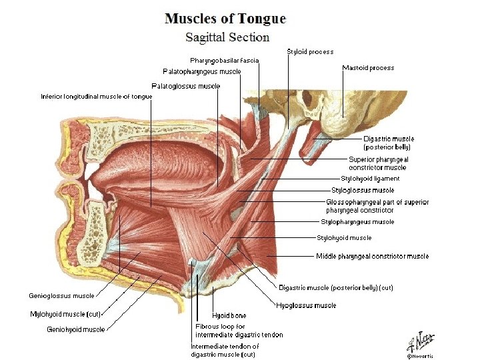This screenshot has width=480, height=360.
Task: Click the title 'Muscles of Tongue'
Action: tap(225, 19)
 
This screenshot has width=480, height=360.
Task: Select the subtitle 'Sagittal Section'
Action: tap(227, 37)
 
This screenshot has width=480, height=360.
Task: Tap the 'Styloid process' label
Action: tap(310, 51)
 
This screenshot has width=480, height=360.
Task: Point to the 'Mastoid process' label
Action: tap(368, 67)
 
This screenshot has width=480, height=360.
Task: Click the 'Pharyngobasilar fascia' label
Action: tap(225, 61)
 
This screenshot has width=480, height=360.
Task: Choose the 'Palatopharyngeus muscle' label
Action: tap(202, 71)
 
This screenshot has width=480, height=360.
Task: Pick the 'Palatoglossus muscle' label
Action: tap(186, 86)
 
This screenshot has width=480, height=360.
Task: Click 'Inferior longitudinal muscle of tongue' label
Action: tap(97, 97)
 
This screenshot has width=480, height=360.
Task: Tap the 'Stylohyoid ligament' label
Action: tap(370, 179)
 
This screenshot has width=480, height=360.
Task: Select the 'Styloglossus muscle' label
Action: tap(363, 191)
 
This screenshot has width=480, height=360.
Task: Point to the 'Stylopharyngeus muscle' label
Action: tap(357, 222)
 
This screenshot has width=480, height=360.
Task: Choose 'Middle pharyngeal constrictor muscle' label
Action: tap(372, 256)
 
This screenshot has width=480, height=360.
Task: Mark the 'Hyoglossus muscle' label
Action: tap(306, 305)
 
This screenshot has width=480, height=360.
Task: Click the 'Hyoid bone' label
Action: tap(229, 315)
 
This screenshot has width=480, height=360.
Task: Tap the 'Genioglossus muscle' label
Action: tap(61, 295)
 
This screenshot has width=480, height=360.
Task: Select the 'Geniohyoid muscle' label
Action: tap(75, 329)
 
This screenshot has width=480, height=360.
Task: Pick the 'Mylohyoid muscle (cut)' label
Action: tap(65, 313)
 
